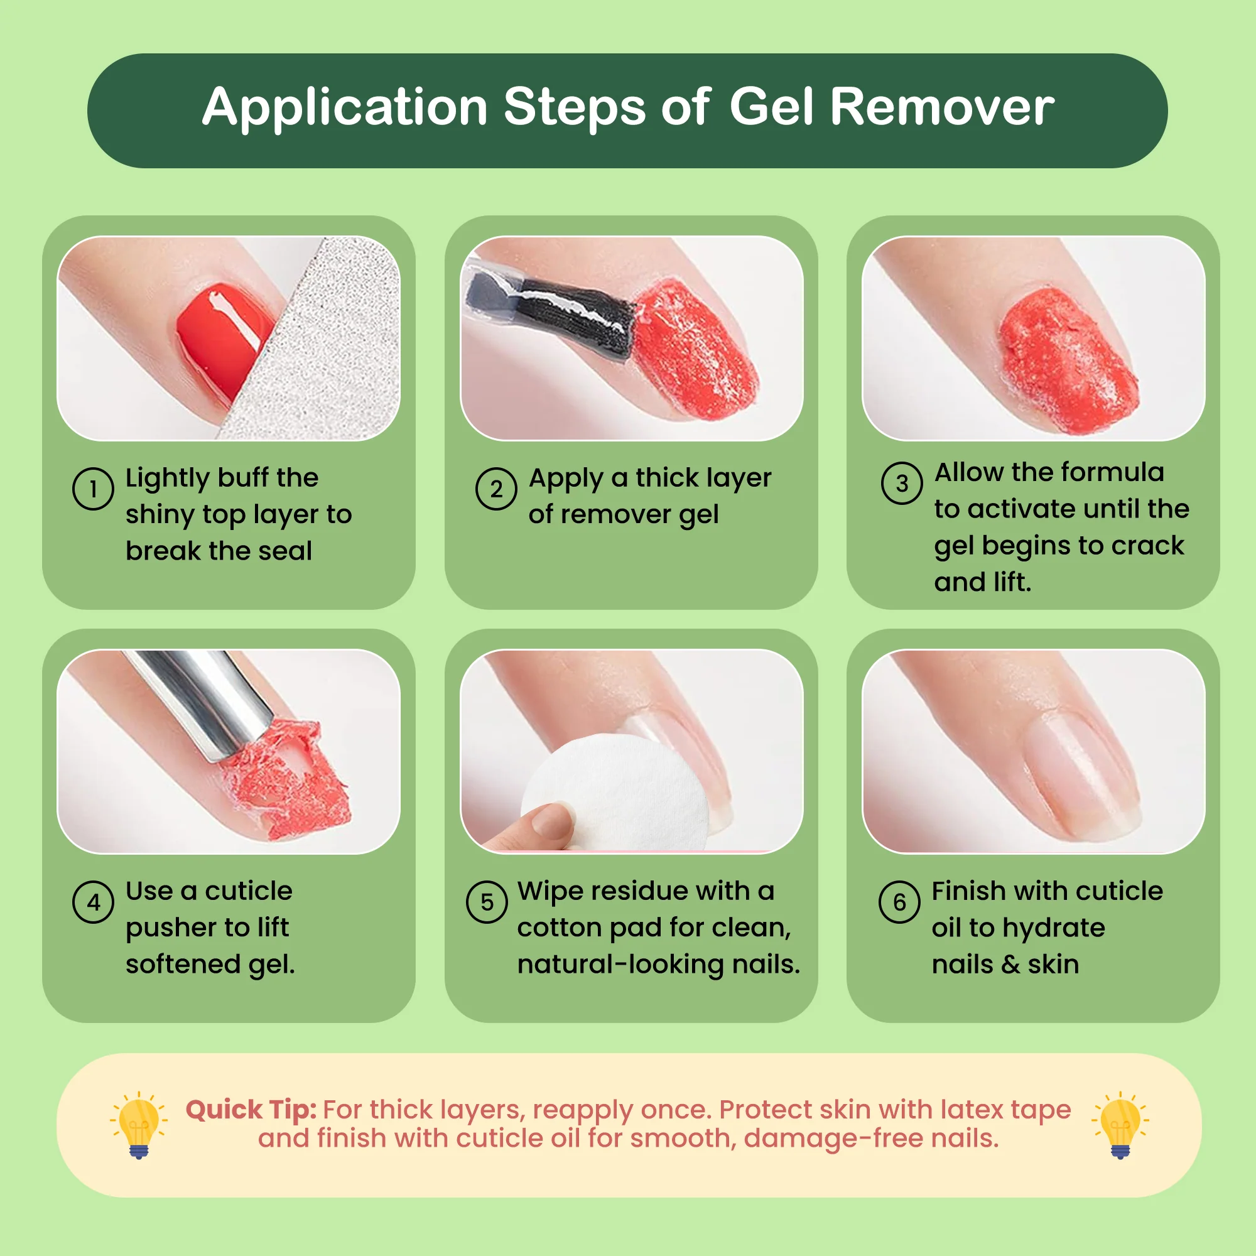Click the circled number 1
[93, 488]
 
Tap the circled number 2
[496, 488]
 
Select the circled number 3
[902, 483]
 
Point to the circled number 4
[93, 902]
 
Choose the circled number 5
[487, 902]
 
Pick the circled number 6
[899, 902]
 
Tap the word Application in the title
[345, 108]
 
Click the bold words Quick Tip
[251, 1110]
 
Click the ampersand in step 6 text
[1010, 965]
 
